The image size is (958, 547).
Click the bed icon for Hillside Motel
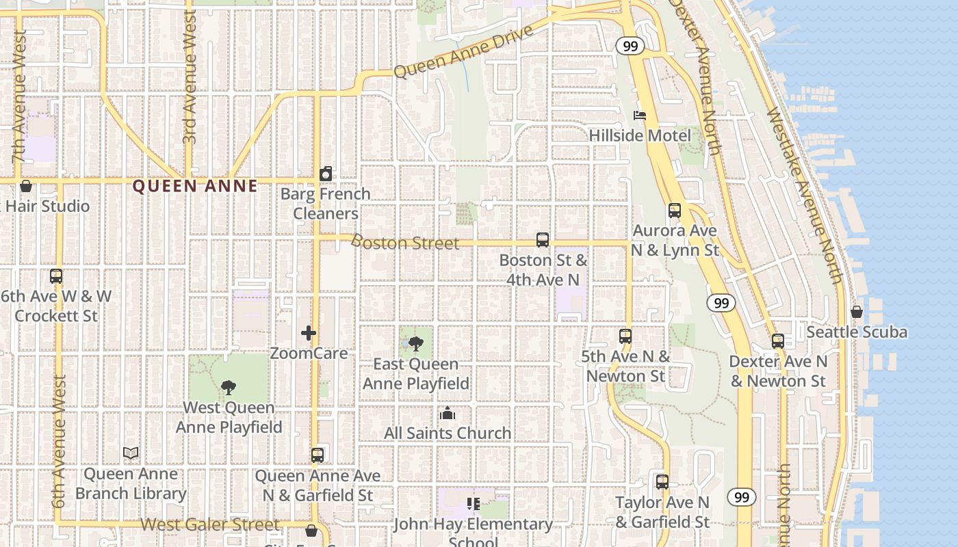pyautogui.click(x=639, y=115)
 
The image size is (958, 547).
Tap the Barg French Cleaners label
pyautogui.click(x=326, y=203)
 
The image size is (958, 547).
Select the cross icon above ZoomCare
pyautogui.click(x=309, y=333)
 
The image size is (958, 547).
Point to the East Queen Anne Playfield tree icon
pyautogui.click(x=416, y=344)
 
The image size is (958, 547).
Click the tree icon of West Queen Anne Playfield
pyautogui.click(x=229, y=388)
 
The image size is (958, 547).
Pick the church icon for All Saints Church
pyautogui.click(x=448, y=413)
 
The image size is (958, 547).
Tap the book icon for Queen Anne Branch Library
pyautogui.click(x=131, y=453)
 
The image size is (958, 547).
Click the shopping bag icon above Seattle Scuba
pyautogui.click(x=856, y=312)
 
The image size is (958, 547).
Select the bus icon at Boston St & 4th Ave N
pyautogui.click(x=543, y=240)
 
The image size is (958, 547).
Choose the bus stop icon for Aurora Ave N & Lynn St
pyautogui.click(x=675, y=211)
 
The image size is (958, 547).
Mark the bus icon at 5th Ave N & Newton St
pyautogui.click(x=625, y=336)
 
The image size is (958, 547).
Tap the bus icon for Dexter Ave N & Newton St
pyautogui.click(x=778, y=341)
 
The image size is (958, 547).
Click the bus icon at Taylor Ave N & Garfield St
pyautogui.click(x=662, y=482)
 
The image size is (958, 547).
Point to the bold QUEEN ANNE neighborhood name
pyautogui.click(x=195, y=186)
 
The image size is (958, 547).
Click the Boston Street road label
pyautogui.click(x=405, y=243)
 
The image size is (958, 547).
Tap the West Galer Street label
pyautogui.click(x=210, y=525)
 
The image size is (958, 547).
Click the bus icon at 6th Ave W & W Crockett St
pyautogui.click(x=56, y=276)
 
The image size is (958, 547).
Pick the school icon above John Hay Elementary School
pyautogui.click(x=473, y=504)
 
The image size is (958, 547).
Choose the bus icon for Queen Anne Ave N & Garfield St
pyautogui.click(x=318, y=455)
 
